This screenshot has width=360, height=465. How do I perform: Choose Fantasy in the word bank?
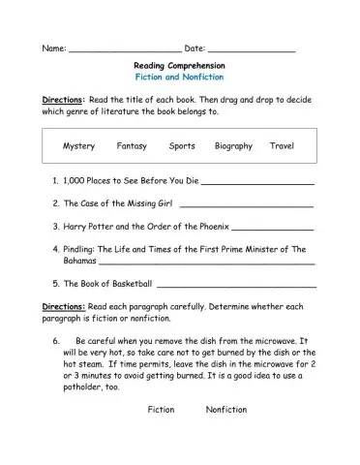point(132,146)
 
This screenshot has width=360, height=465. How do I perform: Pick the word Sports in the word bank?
point(182,146)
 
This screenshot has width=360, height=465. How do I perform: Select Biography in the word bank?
point(234,146)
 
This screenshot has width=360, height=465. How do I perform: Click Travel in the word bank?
point(282,146)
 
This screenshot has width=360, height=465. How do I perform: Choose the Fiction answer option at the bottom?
point(161,410)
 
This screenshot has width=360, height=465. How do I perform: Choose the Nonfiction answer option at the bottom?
point(226,410)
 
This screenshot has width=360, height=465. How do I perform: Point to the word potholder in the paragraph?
point(78,386)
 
